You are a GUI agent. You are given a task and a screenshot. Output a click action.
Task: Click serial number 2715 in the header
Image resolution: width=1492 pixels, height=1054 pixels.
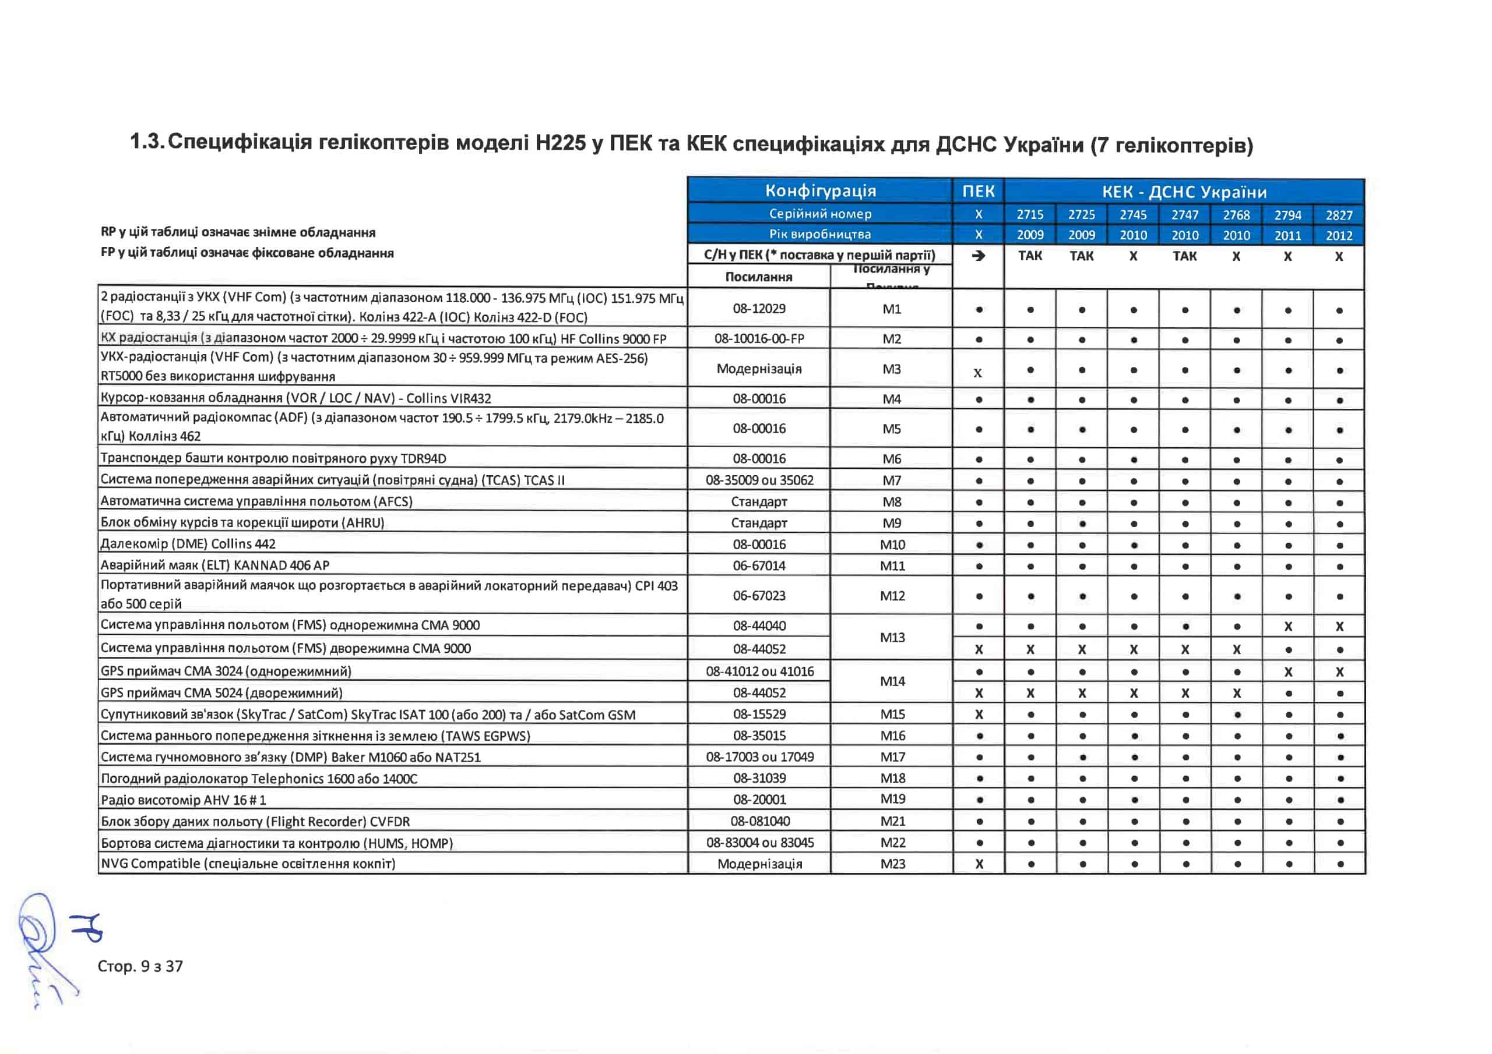click(1030, 214)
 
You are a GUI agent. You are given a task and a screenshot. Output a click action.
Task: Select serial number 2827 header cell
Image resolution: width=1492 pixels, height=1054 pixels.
click(1339, 215)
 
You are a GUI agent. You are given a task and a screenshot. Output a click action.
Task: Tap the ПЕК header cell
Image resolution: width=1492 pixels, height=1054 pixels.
click(978, 191)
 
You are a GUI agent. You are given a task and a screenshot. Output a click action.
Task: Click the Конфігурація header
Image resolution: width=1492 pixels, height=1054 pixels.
click(820, 191)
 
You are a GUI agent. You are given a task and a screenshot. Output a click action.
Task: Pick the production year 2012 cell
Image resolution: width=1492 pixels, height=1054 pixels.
click(1339, 235)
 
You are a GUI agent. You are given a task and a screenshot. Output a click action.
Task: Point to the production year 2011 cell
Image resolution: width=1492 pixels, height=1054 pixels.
click(1287, 235)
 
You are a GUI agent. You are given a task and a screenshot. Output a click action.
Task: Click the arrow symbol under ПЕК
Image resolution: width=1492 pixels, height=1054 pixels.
click(978, 256)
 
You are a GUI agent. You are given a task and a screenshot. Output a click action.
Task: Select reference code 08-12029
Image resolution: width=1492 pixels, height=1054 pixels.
click(759, 309)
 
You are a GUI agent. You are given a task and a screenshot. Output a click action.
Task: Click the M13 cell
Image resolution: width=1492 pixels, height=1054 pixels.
click(892, 638)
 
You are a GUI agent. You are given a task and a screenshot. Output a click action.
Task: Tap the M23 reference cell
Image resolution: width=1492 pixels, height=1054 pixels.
click(892, 864)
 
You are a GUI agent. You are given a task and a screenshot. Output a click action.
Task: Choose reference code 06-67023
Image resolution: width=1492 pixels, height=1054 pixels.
click(759, 596)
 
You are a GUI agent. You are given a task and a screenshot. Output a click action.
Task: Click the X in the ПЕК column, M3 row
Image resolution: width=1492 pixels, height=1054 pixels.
click(978, 373)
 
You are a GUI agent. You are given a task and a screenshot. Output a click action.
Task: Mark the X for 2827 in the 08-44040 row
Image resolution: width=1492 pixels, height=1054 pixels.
click(1339, 627)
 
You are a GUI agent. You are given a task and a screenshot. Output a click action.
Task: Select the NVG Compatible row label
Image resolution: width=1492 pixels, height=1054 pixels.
click(248, 864)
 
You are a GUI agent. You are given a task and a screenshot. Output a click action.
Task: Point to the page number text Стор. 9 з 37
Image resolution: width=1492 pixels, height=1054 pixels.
click(140, 966)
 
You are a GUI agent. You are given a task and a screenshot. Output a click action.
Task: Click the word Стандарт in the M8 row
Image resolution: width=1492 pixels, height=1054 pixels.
click(759, 501)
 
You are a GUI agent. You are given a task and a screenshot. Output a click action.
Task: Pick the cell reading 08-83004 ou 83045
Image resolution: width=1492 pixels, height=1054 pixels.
click(759, 842)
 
